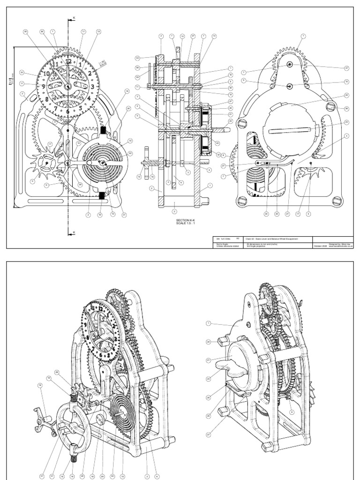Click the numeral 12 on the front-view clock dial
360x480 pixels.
pyautogui.click(x=68, y=61)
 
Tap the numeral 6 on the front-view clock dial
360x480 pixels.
pyautogui.click(x=68, y=111)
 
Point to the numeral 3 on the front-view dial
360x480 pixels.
pyautogui.click(x=93, y=86)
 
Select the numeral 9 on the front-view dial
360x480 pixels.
pyautogui.click(x=43, y=87)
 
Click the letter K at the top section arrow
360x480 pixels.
pyautogui.click(x=74, y=18)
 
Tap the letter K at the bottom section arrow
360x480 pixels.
pyautogui.click(x=74, y=232)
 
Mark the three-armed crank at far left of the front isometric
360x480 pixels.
pyautogui.click(x=44, y=415)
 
